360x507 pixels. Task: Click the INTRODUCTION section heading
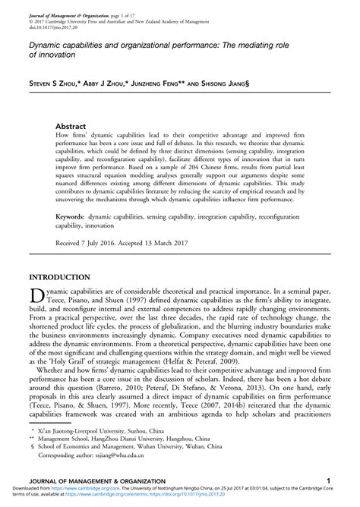[x=61, y=278]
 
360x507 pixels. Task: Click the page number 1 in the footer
[x=327, y=481]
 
